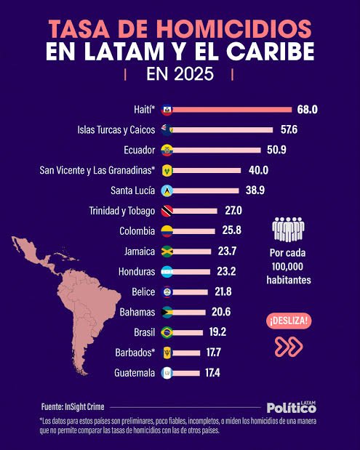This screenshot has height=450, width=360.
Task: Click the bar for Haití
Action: pos(232,110)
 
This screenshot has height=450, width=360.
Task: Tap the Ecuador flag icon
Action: pos(167,150)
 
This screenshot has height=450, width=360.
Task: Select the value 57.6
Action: pos(289,129)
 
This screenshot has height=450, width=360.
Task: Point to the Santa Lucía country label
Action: pos(132,190)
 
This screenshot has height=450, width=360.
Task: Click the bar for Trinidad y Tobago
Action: pos(195,212)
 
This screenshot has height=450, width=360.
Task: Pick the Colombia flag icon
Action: pos(167,231)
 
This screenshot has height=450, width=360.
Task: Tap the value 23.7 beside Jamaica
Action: pos(227,252)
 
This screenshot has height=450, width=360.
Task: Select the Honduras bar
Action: pos(191,272)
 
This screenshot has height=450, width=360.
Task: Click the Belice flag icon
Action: pos(167,292)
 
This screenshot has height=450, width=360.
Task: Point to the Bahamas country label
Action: pos(137,313)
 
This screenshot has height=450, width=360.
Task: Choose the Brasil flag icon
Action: pos(167,333)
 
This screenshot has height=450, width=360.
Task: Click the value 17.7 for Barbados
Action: pos(213,353)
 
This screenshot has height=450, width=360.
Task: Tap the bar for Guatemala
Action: pos(186,374)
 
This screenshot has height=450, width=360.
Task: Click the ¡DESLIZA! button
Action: pos(289,321)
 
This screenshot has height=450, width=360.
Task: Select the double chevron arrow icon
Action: pos(289,347)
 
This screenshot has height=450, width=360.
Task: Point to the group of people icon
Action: pos(288,229)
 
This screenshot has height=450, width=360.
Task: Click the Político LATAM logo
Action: pos(292,407)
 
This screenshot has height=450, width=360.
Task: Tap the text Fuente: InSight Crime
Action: pos(73,407)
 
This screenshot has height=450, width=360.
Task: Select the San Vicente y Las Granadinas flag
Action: pos(167,170)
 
